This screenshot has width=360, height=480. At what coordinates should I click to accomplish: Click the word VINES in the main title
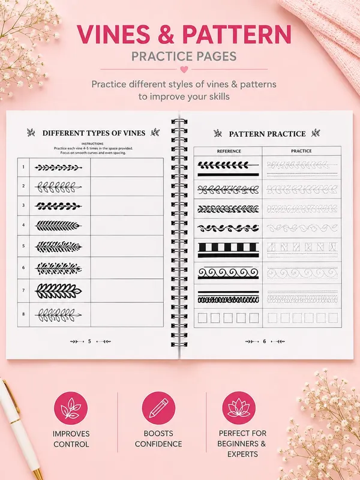[x=113, y=34]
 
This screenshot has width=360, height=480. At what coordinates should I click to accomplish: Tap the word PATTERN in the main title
[x=237, y=34]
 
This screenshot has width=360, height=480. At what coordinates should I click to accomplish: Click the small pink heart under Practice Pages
[x=184, y=70]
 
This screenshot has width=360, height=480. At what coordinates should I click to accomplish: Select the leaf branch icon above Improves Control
[x=71, y=408]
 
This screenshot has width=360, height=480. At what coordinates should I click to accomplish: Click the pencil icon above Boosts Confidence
[x=158, y=408]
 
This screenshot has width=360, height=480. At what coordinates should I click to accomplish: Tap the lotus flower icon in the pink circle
[x=239, y=408]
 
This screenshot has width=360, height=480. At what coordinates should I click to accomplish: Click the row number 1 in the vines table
[x=23, y=167]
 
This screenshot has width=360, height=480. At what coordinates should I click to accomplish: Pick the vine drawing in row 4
[x=58, y=226]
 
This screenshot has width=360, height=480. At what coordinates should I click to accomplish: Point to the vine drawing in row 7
[x=58, y=290]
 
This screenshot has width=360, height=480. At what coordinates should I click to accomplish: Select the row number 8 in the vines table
[x=23, y=314]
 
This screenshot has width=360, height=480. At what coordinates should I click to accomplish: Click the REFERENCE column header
[x=229, y=151]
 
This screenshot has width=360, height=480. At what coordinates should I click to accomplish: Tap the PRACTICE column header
[x=302, y=151]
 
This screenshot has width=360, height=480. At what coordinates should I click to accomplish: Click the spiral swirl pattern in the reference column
[x=228, y=273]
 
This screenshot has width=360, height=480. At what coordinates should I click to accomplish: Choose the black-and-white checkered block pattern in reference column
[x=228, y=250]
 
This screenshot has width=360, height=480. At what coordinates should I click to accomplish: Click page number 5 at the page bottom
[x=89, y=341]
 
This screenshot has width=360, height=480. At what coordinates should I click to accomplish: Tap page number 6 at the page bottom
[x=265, y=341]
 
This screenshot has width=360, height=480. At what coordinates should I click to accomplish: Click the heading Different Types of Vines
[x=94, y=133]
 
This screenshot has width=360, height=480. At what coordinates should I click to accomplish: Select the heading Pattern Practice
[x=267, y=134]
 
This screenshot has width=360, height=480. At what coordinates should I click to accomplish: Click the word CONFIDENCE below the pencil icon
[x=158, y=444]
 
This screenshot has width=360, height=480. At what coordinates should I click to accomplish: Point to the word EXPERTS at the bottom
[x=242, y=454]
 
